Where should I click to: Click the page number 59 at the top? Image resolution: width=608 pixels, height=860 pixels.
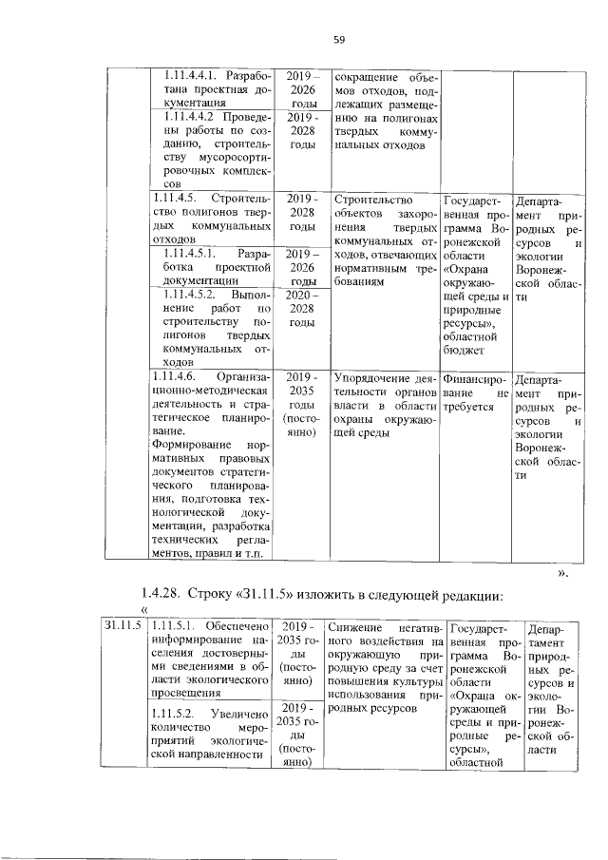click(x=337, y=39)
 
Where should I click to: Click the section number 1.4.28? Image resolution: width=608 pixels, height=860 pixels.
click(x=162, y=595)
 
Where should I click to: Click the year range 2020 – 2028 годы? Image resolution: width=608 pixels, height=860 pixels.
click(x=302, y=310)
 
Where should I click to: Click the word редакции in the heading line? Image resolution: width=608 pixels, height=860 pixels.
click(x=463, y=595)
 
